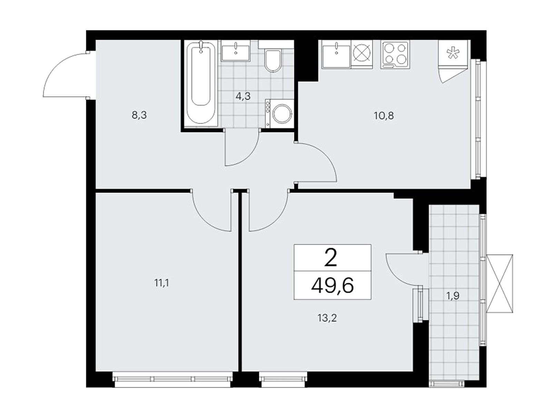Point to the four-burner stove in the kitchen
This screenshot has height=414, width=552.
point(395,55)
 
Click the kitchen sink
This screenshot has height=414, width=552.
point(336,54)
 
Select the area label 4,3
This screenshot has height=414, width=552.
point(243,96)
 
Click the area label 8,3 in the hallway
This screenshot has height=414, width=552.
point(139,115)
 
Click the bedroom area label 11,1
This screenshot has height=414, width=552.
point(162,283)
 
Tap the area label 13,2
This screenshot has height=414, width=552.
point(327,318)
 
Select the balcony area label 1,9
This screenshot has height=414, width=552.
point(453,296)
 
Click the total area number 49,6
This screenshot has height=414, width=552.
point(333,286)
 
